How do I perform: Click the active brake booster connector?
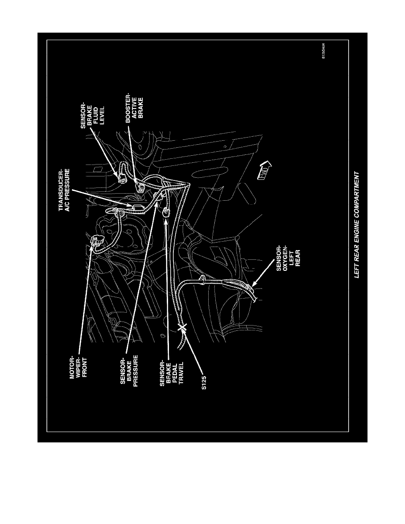(x=141, y=187)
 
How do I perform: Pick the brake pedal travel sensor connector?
(x=166, y=212)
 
